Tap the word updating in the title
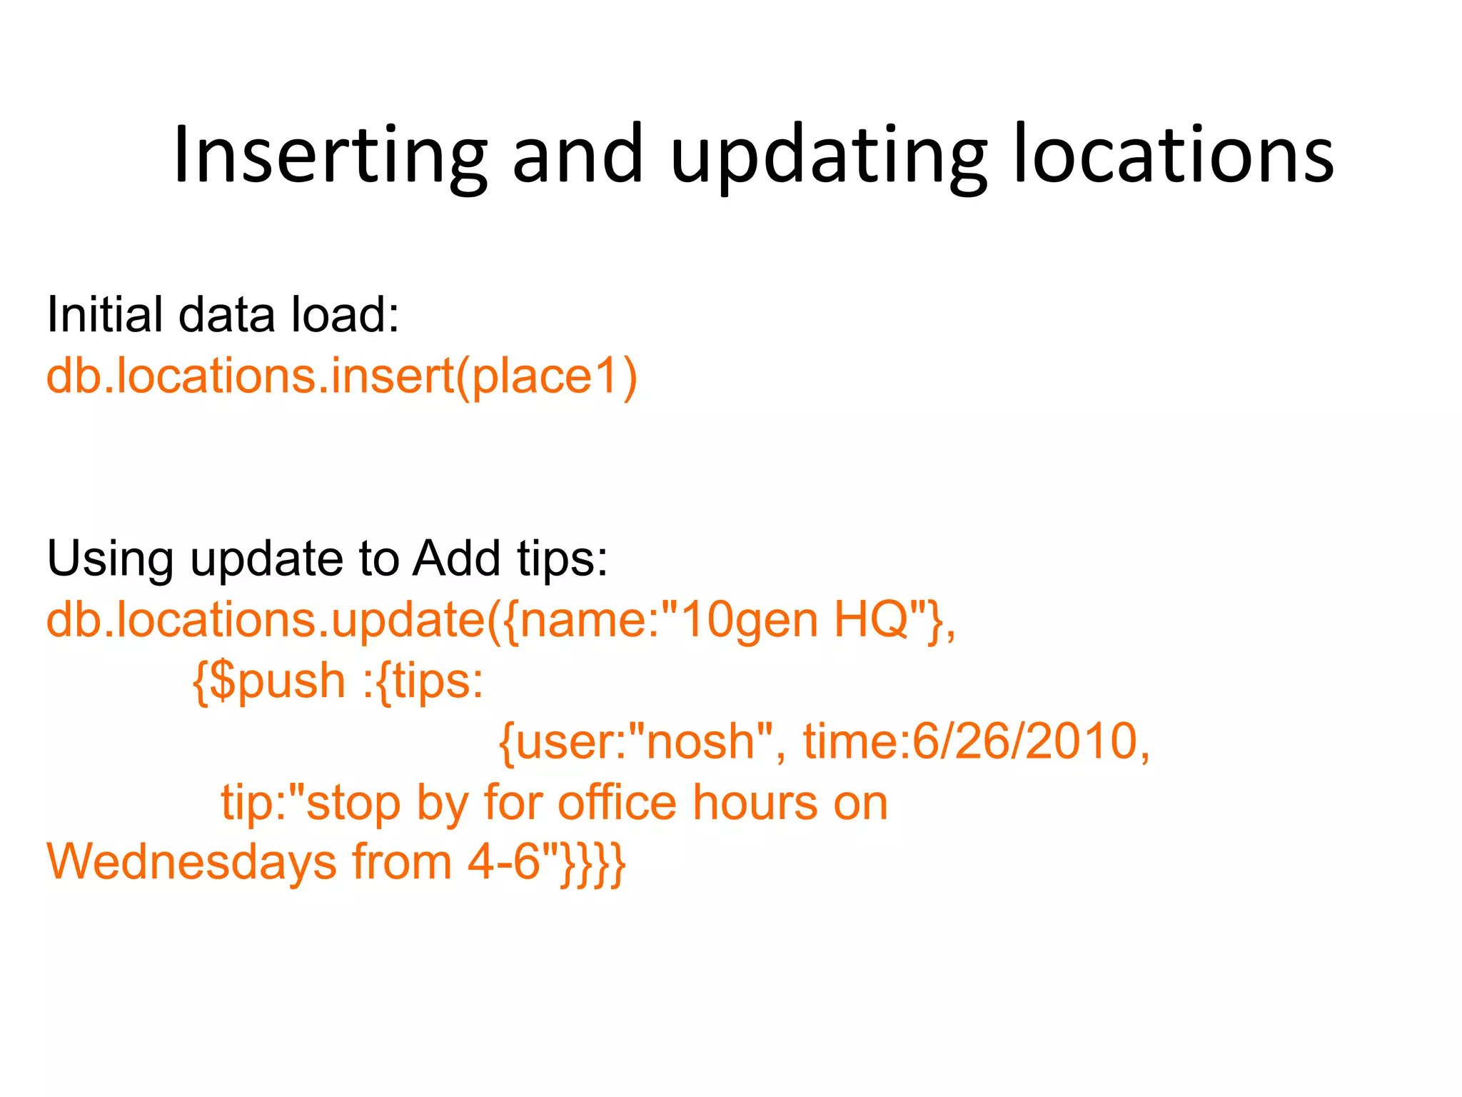coord(828,155)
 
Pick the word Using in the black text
coord(110,558)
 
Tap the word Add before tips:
coord(456,558)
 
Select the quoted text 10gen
coord(750,619)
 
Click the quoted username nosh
coord(700,741)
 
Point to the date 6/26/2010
coord(1025,741)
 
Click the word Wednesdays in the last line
coord(191,862)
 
